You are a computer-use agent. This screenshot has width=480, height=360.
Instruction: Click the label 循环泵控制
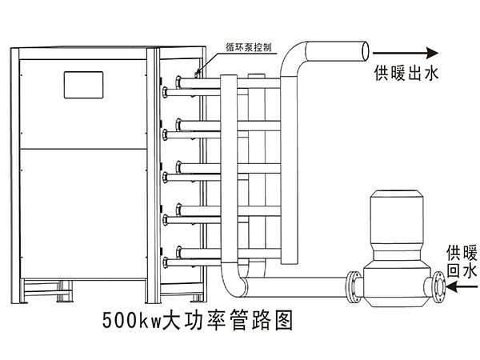[249, 47]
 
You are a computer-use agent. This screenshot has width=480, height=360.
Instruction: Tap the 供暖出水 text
[406, 73]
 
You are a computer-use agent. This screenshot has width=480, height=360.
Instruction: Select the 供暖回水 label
[462, 261]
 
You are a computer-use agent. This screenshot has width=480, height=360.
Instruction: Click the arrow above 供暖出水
[406, 53]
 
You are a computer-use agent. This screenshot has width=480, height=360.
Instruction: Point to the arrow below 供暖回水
[462, 287]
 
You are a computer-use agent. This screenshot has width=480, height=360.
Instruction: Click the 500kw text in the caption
[132, 321]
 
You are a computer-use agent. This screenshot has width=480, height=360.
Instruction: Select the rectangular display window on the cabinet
[83, 85]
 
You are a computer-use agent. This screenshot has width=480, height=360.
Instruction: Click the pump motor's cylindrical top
[397, 217]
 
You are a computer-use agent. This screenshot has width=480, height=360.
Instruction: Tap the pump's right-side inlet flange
[439, 287]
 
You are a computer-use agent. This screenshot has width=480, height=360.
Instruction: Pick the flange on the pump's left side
[354, 287]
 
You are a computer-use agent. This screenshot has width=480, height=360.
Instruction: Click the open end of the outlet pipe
[366, 51]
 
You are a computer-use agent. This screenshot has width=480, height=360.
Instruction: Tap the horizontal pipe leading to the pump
[296, 287]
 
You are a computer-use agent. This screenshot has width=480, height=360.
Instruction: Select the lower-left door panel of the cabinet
[83, 214]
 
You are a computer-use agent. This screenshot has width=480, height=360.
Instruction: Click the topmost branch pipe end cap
[178, 82]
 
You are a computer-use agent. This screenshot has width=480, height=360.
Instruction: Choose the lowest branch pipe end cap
[166, 262]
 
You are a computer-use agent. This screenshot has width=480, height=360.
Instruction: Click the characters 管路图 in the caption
[261, 321]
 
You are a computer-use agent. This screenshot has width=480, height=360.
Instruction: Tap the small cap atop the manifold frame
[257, 76]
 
